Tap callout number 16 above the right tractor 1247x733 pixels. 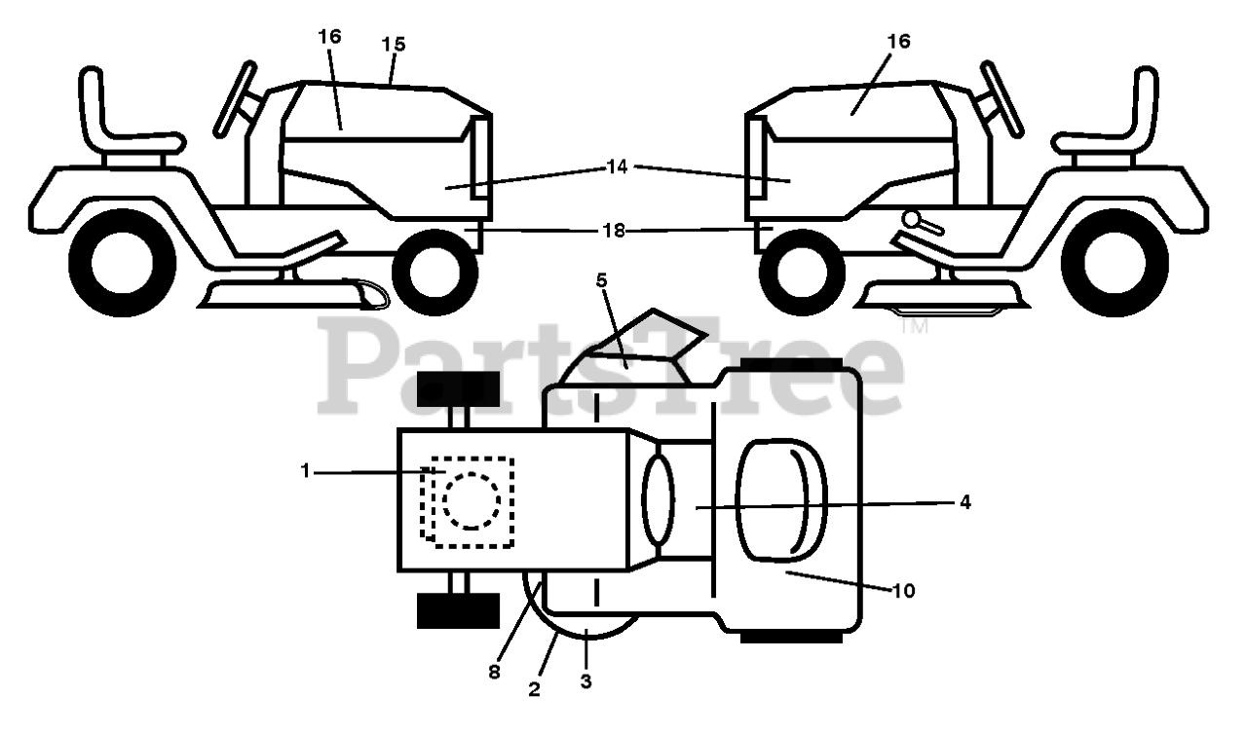click(898, 41)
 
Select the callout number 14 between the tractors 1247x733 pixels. click(617, 166)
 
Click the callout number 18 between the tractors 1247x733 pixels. click(614, 231)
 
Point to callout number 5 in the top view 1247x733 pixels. click(601, 281)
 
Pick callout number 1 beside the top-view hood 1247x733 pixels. click(305, 471)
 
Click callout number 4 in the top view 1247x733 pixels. click(965, 502)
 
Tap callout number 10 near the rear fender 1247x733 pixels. click(903, 591)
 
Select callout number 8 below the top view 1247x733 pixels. click(494, 672)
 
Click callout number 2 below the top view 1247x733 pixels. click(535, 689)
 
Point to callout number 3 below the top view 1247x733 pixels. click(586, 681)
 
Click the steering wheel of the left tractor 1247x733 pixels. click(236, 99)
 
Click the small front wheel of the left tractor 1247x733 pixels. click(435, 272)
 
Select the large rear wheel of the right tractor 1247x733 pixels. click(1115, 263)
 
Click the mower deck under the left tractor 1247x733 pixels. click(294, 295)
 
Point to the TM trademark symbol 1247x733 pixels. click(914, 326)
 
